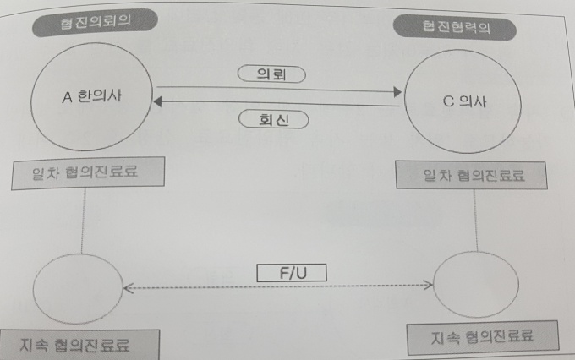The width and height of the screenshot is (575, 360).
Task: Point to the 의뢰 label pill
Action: pos(272,74)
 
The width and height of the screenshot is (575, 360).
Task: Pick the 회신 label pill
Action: pos(272,119)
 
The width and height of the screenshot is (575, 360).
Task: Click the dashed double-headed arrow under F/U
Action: pos(279,287)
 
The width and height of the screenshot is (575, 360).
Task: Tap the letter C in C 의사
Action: pos(448,103)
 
